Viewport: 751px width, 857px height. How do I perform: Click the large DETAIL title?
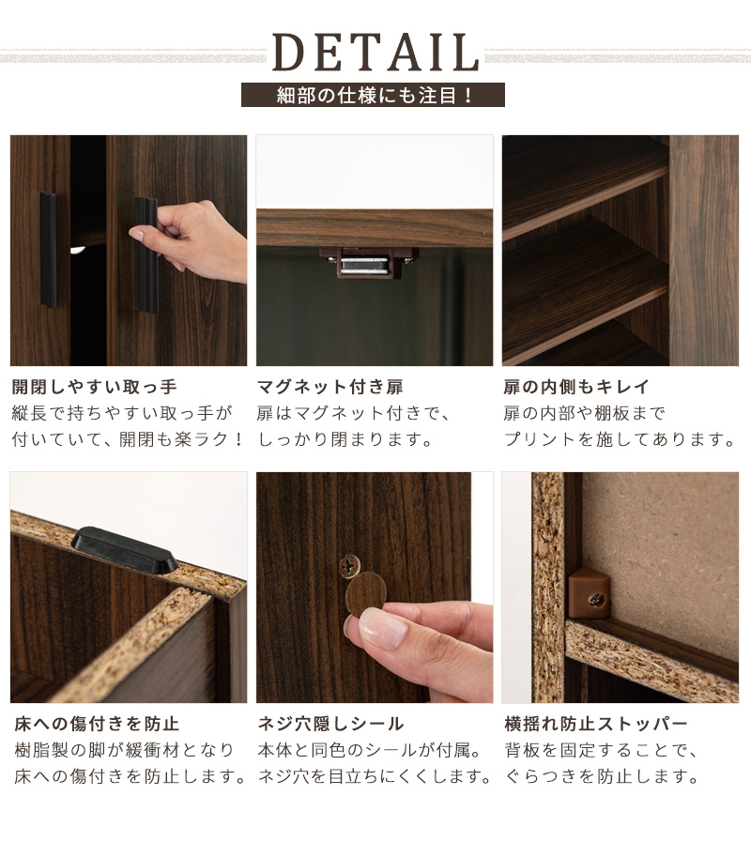pyautogui.click(x=375, y=53)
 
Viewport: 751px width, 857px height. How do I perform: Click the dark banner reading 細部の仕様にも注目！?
pyautogui.click(x=373, y=95)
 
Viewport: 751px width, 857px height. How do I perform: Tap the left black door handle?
pyautogui.click(x=48, y=250)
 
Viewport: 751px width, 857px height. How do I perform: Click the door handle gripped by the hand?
pyautogui.click(x=146, y=255)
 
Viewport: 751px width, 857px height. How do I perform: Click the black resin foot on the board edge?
pyautogui.click(x=125, y=549)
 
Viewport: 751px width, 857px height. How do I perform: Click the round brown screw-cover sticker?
pyautogui.click(x=366, y=594)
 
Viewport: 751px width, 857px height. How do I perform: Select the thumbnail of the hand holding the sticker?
pyautogui.click(x=375, y=587)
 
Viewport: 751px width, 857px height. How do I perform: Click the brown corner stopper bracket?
pyautogui.click(x=589, y=592)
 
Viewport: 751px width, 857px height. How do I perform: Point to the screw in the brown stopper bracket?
pyautogui.click(x=596, y=601)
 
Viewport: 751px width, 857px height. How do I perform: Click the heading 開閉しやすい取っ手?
pyautogui.click(x=95, y=387)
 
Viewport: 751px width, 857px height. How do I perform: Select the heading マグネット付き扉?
pyautogui.click(x=330, y=387)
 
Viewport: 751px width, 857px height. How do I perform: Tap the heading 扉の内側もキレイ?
pyautogui.click(x=576, y=387)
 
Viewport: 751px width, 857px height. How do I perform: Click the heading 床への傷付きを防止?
pyautogui.click(x=97, y=724)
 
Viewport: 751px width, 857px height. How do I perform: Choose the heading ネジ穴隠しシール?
pyautogui.click(x=330, y=724)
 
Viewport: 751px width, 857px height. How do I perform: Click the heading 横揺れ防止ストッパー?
pyautogui.click(x=596, y=724)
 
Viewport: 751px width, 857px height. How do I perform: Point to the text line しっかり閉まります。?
pyautogui.click(x=345, y=439)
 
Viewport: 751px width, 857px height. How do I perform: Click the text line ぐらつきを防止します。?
pyautogui.click(x=602, y=775)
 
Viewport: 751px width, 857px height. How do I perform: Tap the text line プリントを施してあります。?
pyautogui.click(x=620, y=439)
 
